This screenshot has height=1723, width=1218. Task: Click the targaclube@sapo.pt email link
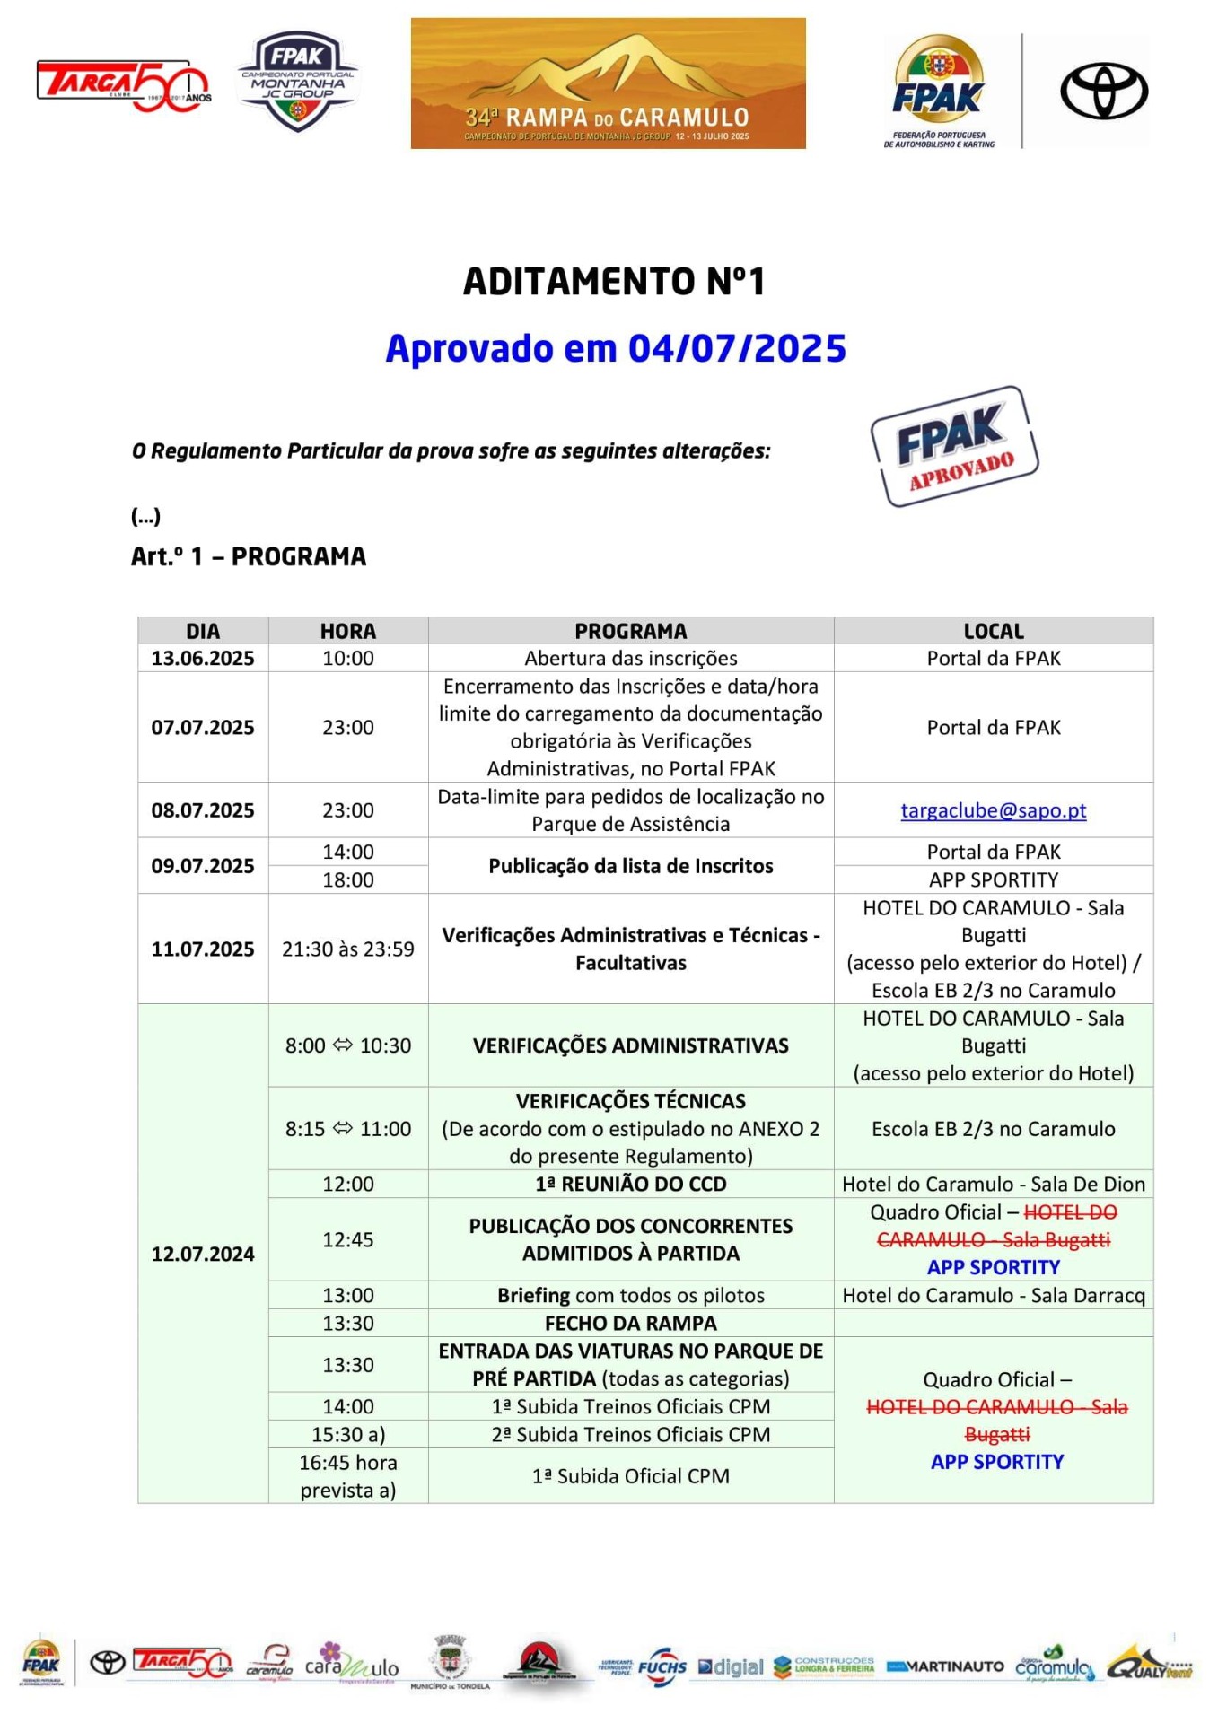[x=993, y=810]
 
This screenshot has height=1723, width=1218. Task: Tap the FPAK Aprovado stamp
[x=954, y=446]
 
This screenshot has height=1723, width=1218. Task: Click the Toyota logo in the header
[x=1103, y=91]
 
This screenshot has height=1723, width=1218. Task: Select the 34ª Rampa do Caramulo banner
[x=608, y=83]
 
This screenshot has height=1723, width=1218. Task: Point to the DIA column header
[x=203, y=631]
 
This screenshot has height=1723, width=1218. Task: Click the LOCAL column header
[x=993, y=631]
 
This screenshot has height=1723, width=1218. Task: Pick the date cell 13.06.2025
[x=203, y=658]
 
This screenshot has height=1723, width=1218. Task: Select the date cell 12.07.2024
[x=203, y=1254]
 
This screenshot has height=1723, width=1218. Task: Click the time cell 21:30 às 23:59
[x=348, y=949]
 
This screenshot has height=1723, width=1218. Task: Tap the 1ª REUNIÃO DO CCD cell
[x=630, y=1184]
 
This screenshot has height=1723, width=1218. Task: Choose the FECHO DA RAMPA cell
[x=630, y=1323]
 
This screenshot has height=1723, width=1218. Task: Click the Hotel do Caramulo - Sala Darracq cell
[x=993, y=1295]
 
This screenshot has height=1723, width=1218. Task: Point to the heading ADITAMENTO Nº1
[x=614, y=282]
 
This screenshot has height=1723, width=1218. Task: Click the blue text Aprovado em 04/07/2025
[x=616, y=348]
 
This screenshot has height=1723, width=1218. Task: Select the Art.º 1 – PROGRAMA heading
[x=249, y=556]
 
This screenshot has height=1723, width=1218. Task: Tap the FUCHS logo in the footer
[x=662, y=1666]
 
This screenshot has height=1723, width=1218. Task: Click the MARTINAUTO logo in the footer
[x=945, y=1666]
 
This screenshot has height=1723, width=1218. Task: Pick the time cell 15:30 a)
[x=348, y=1434]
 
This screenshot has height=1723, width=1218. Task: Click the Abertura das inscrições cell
[x=630, y=658]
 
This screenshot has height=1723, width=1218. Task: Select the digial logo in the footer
[x=731, y=1666]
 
